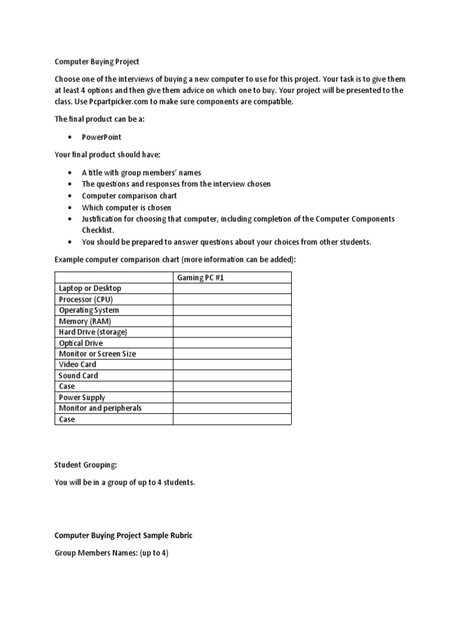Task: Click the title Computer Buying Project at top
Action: (x=97, y=62)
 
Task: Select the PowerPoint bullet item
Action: (x=101, y=137)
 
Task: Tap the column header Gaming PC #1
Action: (x=200, y=278)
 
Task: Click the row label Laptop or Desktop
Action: (x=90, y=288)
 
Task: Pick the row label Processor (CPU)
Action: (x=86, y=299)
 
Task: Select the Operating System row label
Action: (x=89, y=310)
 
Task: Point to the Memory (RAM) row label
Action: (x=85, y=321)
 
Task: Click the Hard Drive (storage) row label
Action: (x=93, y=332)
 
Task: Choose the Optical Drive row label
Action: (x=81, y=343)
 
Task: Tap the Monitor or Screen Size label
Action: (x=97, y=354)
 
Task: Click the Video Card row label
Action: (x=77, y=365)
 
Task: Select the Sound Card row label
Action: (x=79, y=375)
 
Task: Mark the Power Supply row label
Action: (x=82, y=397)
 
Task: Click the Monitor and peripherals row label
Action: (x=100, y=408)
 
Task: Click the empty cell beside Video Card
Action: (x=232, y=365)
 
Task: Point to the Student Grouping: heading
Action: (x=86, y=465)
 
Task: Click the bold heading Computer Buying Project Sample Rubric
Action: (x=123, y=535)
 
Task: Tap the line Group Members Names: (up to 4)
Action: (x=111, y=552)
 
